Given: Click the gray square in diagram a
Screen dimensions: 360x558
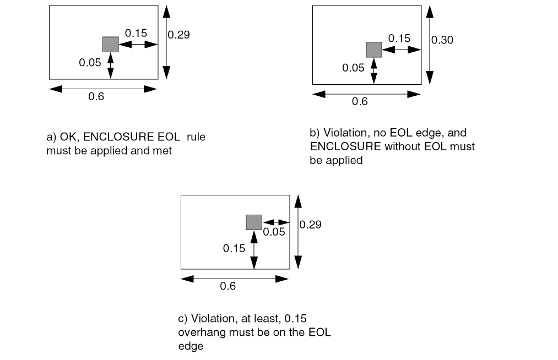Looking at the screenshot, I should [110, 45].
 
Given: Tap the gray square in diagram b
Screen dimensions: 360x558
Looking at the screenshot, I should [374, 50].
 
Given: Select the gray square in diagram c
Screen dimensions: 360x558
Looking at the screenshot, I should [253, 222].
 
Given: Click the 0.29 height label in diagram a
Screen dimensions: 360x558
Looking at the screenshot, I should [178, 35].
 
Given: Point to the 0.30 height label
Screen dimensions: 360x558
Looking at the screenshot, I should [442, 40].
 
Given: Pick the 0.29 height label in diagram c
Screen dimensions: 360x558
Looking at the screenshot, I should [311, 225].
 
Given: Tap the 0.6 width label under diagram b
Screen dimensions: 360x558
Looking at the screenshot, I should [360, 101].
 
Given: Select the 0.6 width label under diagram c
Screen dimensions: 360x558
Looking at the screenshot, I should [227, 286].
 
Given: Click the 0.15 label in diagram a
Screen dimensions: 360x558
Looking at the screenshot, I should [136, 33].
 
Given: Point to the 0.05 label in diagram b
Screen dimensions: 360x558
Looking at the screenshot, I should [353, 68].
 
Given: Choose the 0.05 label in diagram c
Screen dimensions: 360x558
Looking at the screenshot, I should [274, 232].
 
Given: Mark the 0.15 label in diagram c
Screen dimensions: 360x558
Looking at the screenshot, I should [234, 248].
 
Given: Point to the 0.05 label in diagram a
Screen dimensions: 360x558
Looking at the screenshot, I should [90, 62].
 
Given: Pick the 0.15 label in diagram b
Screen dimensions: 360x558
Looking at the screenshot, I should [399, 38].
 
